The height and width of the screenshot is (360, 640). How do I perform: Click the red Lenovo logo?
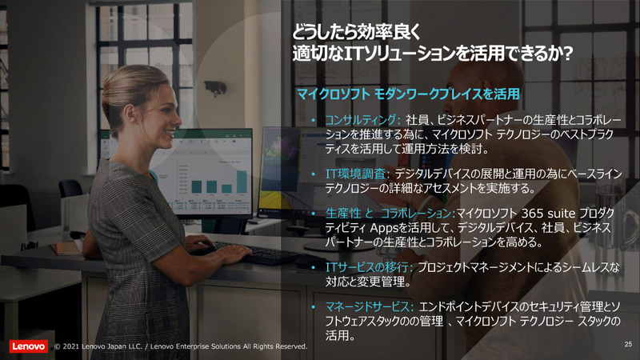coord(27,346)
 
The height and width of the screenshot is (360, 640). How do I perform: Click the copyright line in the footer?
coord(181,346)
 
